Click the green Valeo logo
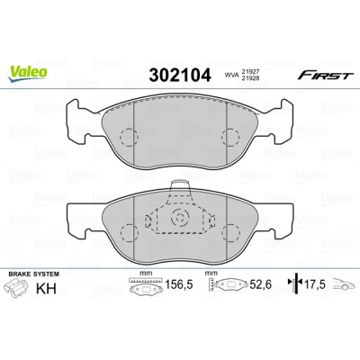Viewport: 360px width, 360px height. pyautogui.click(x=27, y=73)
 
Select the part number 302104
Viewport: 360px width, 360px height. pyautogui.click(x=180, y=75)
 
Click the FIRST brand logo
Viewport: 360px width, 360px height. pyautogui.click(x=325, y=76)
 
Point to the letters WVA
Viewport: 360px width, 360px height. pyautogui.click(x=232, y=75)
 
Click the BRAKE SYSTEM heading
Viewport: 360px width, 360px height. pyautogui.click(x=33, y=274)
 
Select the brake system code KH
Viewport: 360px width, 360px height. pyautogui.click(x=46, y=289)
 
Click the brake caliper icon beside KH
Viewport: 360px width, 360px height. pyautogui.click(x=16, y=287)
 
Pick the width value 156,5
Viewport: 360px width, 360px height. pyautogui.click(x=179, y=284)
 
